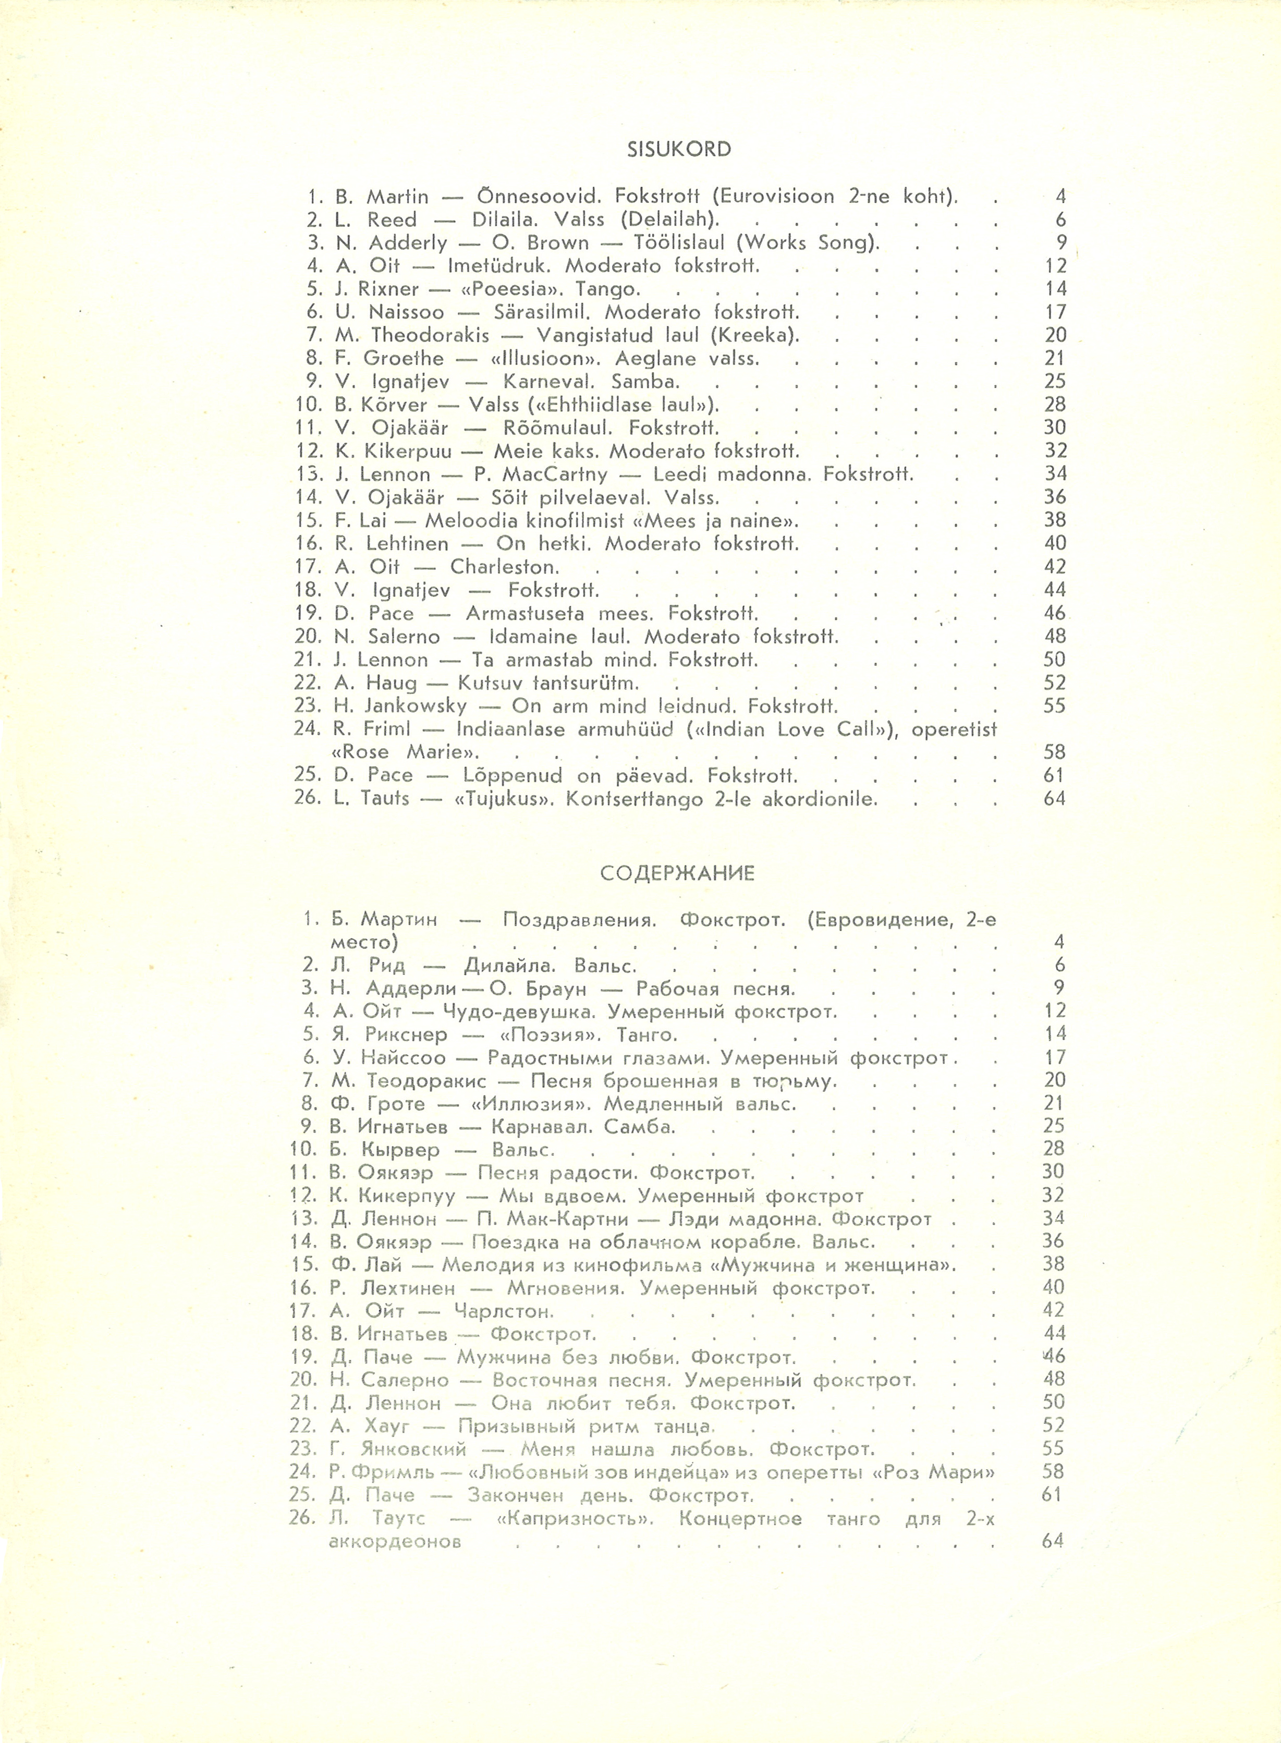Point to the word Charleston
[505, 567]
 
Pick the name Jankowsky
[416, 706]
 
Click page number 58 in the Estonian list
[1055, 752]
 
